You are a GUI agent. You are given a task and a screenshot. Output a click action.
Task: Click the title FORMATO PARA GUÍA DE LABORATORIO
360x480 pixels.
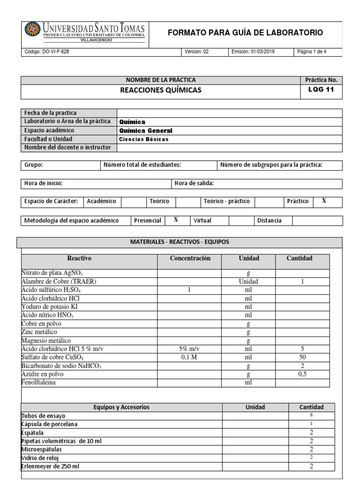click(x=245, y=32)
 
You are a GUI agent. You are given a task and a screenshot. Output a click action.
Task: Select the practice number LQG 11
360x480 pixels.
click(x=321, y=90)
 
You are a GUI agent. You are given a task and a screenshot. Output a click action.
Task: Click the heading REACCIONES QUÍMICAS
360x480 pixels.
click(x=161, y=90)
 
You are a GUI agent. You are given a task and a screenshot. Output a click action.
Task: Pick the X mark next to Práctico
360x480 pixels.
click(x=323, y=201)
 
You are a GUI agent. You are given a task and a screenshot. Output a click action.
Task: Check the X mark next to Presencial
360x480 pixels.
click(x=176, y=220)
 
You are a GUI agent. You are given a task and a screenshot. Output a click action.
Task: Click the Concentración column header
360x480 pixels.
click(x=190, y=258)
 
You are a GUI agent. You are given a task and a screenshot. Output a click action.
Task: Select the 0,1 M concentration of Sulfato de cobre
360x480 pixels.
click(x=190, y=357)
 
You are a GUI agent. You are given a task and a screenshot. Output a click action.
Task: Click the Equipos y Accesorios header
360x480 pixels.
click(x=121, y=407)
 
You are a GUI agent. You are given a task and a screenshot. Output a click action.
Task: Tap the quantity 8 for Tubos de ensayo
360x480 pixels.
click(x=311, y=415)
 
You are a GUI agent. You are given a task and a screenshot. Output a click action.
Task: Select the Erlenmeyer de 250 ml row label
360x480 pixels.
click(x=54, y=466)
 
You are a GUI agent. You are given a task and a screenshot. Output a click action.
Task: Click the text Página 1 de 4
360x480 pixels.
click(x=312, y=52)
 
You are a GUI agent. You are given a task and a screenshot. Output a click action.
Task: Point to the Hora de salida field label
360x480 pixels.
click(x=194, y=183)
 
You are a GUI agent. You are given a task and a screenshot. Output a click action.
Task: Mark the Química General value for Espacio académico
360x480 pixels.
click(x=146, y=131)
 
